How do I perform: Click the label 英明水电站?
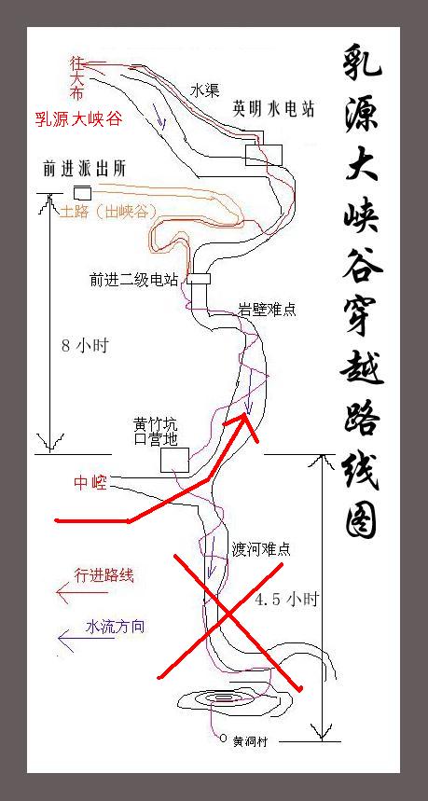click(273, 108)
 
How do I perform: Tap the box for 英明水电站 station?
click(264, 155)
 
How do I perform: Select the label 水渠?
click(205, 91)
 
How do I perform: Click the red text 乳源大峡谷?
click(78, 120)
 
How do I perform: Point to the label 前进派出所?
click(84, 170)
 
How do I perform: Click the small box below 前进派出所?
click(83, 193)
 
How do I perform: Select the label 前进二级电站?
click(134, 280)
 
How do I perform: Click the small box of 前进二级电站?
click(199, 279)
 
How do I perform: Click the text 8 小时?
click(85, 346)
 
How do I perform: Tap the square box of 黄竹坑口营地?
click(174, 460)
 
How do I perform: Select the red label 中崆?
click(90, 483)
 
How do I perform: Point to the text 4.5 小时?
click(286, 599)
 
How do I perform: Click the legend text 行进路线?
click(104, 575)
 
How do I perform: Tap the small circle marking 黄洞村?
click(223, 739)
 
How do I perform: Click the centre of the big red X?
click(227, 616)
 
